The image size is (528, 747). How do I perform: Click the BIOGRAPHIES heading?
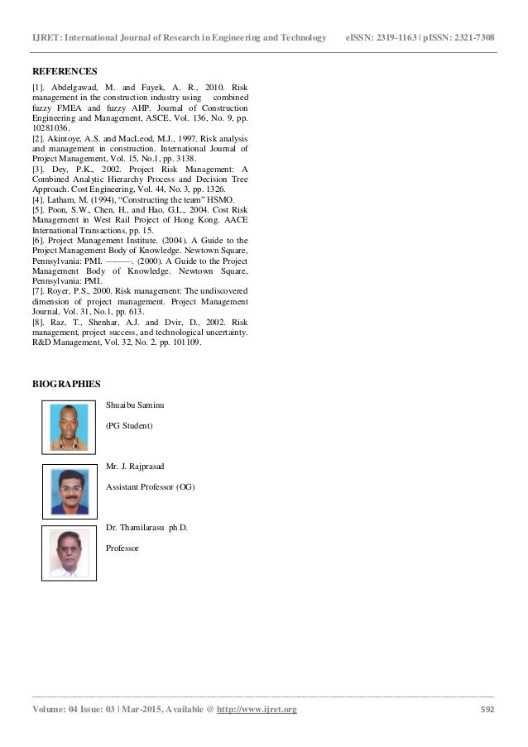click(66, 384)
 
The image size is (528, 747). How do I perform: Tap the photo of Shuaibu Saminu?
click(69, 427)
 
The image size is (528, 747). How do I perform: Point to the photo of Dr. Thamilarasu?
click(69, 552)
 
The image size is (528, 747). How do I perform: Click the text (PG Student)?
click(130, 425)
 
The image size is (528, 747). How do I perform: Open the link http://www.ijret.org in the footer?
click(257, 710)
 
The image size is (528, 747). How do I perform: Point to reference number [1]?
click(39, 86)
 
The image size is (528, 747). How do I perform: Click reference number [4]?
click(39, 200)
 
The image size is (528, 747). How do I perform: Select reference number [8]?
click(39, 321)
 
